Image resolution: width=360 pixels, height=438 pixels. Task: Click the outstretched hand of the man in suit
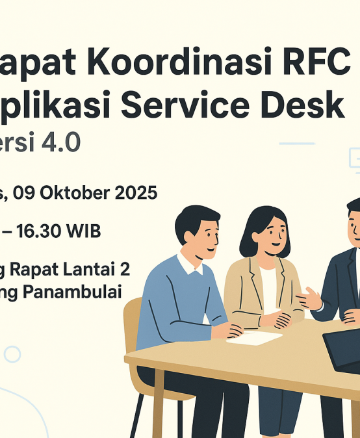[x=307, y=300]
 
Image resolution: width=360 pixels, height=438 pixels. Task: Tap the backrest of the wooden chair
[x=132, y=325]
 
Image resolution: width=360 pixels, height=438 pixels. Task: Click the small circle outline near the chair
[x=12, y=354]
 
